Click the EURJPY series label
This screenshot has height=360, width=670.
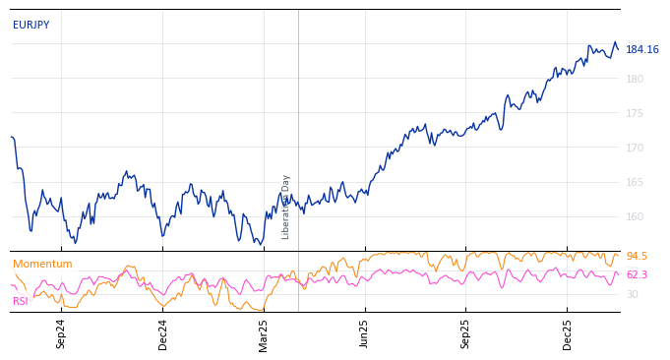tap(30, 26)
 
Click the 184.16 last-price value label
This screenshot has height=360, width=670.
tap(642, 50)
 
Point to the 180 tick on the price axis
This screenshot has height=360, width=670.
tap(635, 79)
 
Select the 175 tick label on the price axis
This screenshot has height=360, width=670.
tap(635, 113)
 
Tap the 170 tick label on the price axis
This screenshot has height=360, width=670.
tap(635, 148)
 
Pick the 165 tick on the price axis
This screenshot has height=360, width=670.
tap(635, 182)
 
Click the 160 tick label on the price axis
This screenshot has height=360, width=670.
tap(635, 216)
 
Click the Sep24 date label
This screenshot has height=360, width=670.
tap(61, 333)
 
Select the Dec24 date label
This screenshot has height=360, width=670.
tap(163, 333)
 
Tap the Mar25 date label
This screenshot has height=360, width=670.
tap(264, 333)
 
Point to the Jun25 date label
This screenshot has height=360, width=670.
tap(365, 333)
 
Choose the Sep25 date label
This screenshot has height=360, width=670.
tap(466, 333)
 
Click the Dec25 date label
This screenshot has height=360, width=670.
tap(568, 333)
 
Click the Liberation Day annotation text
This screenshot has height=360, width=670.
tap(286, 207)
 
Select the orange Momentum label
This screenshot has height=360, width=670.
tap(42, 265)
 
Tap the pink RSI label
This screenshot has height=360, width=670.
tap(21, 301)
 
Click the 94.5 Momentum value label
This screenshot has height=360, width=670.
tap(637, 257)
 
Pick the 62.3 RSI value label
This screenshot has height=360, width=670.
tap(637, 275)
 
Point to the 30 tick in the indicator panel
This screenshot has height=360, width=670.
tap(633, 294)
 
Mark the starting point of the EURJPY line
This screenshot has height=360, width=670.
tap(11, 137)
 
